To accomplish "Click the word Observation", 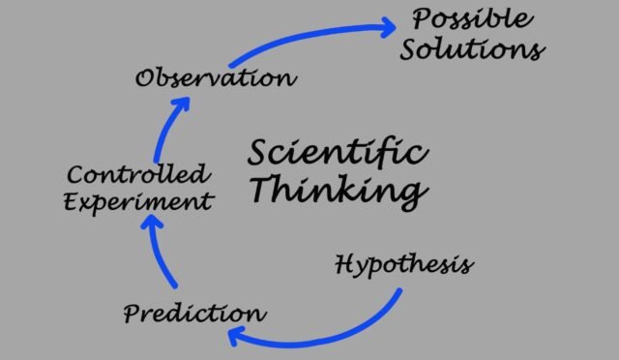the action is point(216,77).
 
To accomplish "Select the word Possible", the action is point(473,18).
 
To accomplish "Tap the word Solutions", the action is point(473,49).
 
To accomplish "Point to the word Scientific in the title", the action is point(338,152).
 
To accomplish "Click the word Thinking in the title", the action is point(339,190).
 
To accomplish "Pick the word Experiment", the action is point(138,202).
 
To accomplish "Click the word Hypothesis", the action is point(404,264).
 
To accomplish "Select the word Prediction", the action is point(194,314).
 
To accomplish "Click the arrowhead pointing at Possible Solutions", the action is point(388,27).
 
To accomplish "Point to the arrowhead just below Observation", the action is point(183,104).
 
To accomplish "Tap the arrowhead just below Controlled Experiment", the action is point(151,222).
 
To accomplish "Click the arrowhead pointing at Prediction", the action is point(235,336).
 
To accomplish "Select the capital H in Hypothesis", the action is point(346,264).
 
